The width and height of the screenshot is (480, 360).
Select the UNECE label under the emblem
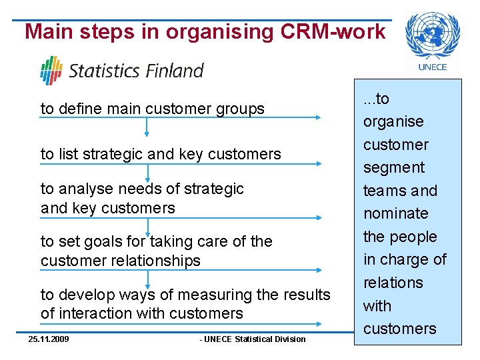[x=432, y=67]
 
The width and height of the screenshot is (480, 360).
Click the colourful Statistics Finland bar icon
[x=51, y=70]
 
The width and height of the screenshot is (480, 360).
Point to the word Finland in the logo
[x=175, y=71]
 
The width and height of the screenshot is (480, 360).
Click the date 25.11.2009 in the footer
[x=49, y=339]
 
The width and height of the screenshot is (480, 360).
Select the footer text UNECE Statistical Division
[x=253, y=339]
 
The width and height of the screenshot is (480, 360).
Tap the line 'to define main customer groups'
[x=152, y=109]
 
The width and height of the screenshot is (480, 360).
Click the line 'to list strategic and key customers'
[x=161, y=154]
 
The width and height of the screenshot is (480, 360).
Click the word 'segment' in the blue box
[x=393, y=168]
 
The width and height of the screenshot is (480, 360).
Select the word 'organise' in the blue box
[x=393, y=122]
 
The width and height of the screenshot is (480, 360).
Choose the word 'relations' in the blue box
[x=393, y=283]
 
